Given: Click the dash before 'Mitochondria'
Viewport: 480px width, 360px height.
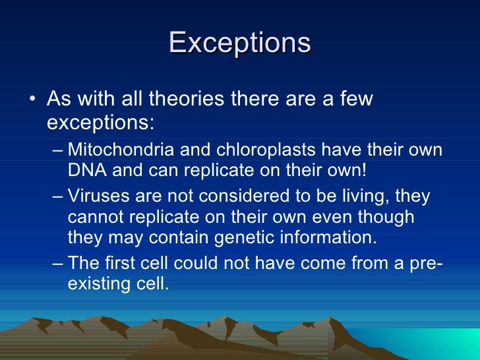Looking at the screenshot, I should [x=58, y=150].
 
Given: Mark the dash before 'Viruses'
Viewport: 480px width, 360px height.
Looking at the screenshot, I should [x=58, y=197].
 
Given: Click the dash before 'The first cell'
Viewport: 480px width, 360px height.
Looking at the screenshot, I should [x=58, y=264].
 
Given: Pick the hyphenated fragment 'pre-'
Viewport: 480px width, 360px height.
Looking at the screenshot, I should [x=427, y=263].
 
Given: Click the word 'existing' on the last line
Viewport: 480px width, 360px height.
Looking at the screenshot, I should [x=98, y=285].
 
